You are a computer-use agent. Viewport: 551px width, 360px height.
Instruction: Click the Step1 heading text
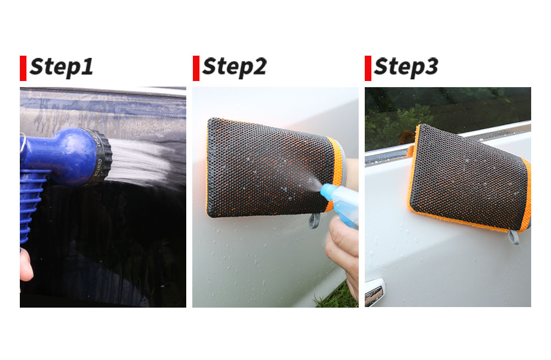pos(62,67)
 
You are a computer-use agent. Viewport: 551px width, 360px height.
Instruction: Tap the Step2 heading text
pos(234,67)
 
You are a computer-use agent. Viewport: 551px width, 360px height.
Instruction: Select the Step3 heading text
pos(406,67)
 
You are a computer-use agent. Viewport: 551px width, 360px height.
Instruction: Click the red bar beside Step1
pos(23,68)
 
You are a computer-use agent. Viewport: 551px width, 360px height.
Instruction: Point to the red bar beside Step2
pos(196,68)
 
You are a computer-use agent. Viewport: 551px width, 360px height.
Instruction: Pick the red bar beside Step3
pos(368,68)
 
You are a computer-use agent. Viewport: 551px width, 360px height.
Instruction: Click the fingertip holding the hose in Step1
pos(26,265)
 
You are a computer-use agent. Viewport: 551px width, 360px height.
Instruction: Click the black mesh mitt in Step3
pos(469,178)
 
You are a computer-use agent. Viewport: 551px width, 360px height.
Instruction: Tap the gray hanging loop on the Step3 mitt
pos(514,237)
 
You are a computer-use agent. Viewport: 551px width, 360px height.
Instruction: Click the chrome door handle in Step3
pos(375,291)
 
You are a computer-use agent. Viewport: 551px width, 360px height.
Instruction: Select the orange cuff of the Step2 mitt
pos(336,172)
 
